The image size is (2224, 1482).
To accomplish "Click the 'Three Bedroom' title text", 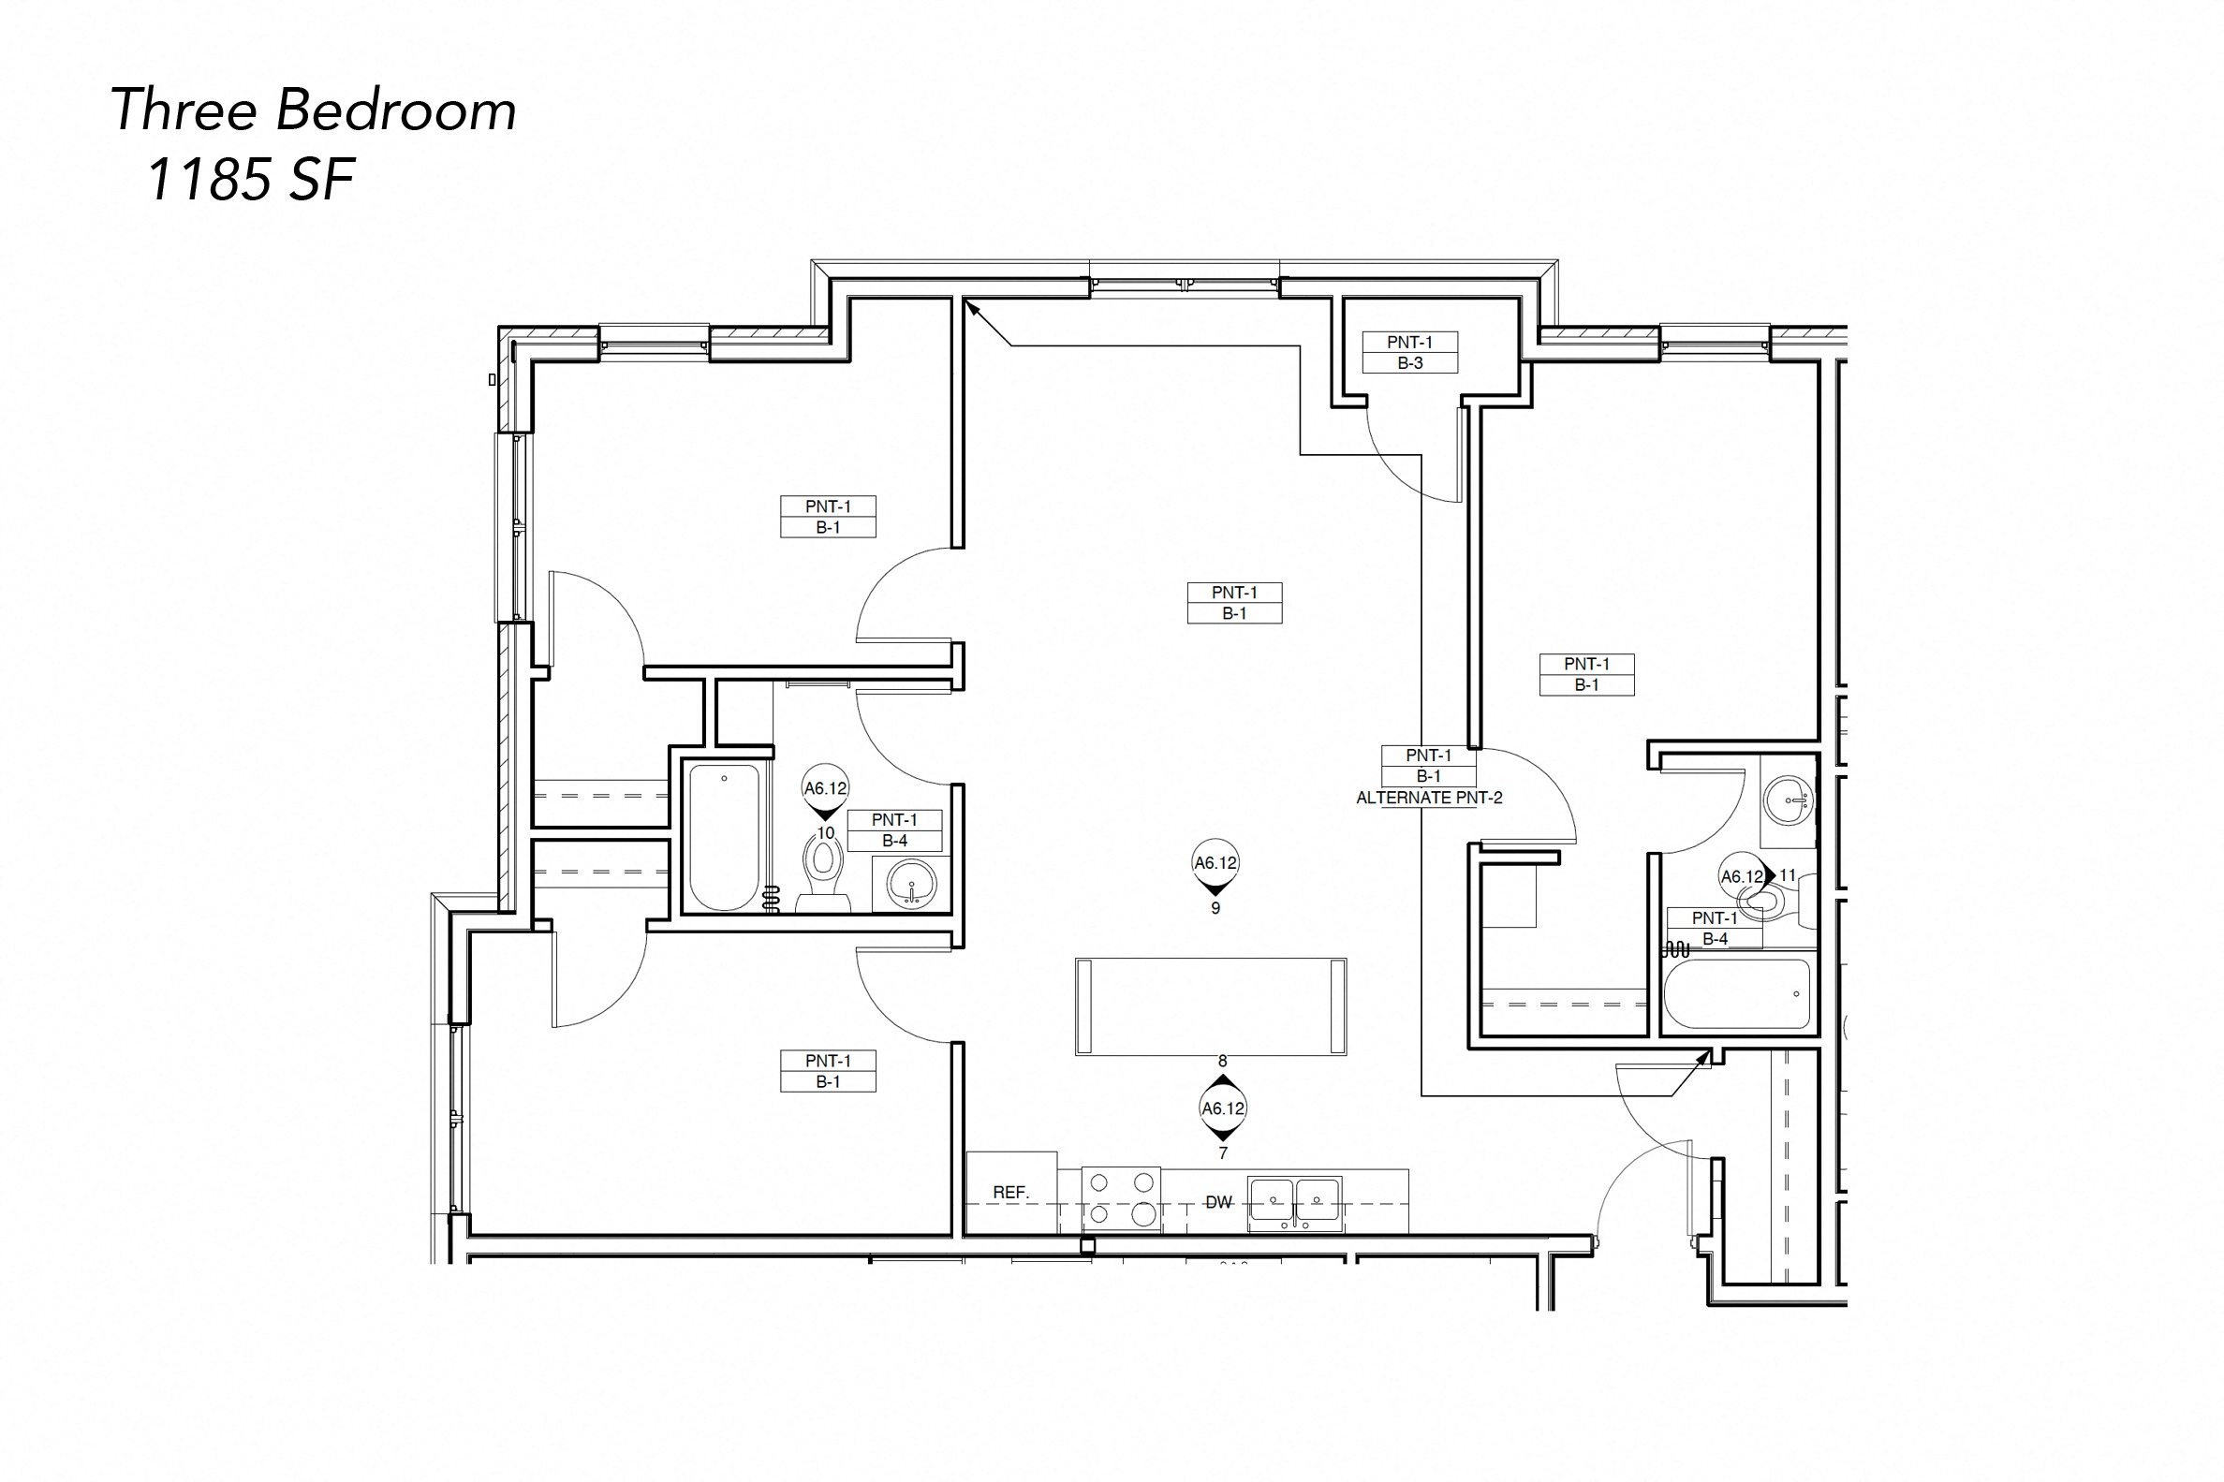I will tap(314, 110).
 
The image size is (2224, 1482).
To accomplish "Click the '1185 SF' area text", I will tap(250, 180).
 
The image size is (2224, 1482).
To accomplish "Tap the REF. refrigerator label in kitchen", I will tap(1010, 1193).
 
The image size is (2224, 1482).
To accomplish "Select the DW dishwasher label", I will tap(1218, 1202).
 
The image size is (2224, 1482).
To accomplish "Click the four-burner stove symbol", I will tap(1121, 1198).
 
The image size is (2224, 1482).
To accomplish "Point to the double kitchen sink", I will tap(1294, 1202).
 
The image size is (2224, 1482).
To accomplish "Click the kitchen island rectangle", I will tap(1211, 1006).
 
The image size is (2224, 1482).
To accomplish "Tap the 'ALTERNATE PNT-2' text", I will tap(1429, 798).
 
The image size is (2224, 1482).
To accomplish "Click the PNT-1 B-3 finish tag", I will tap(1409, 353).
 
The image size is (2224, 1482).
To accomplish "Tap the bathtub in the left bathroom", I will tap(724, 836).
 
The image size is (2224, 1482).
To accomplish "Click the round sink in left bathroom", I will tap(911, 884).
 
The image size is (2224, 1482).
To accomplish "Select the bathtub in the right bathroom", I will tap(1737, 994).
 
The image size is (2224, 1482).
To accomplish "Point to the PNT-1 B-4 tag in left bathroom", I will tap(894, 829).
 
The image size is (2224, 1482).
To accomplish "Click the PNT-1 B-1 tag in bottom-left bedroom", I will tap(828, 1071).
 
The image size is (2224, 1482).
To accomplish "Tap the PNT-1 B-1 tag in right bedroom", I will tap(1586, 674).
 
